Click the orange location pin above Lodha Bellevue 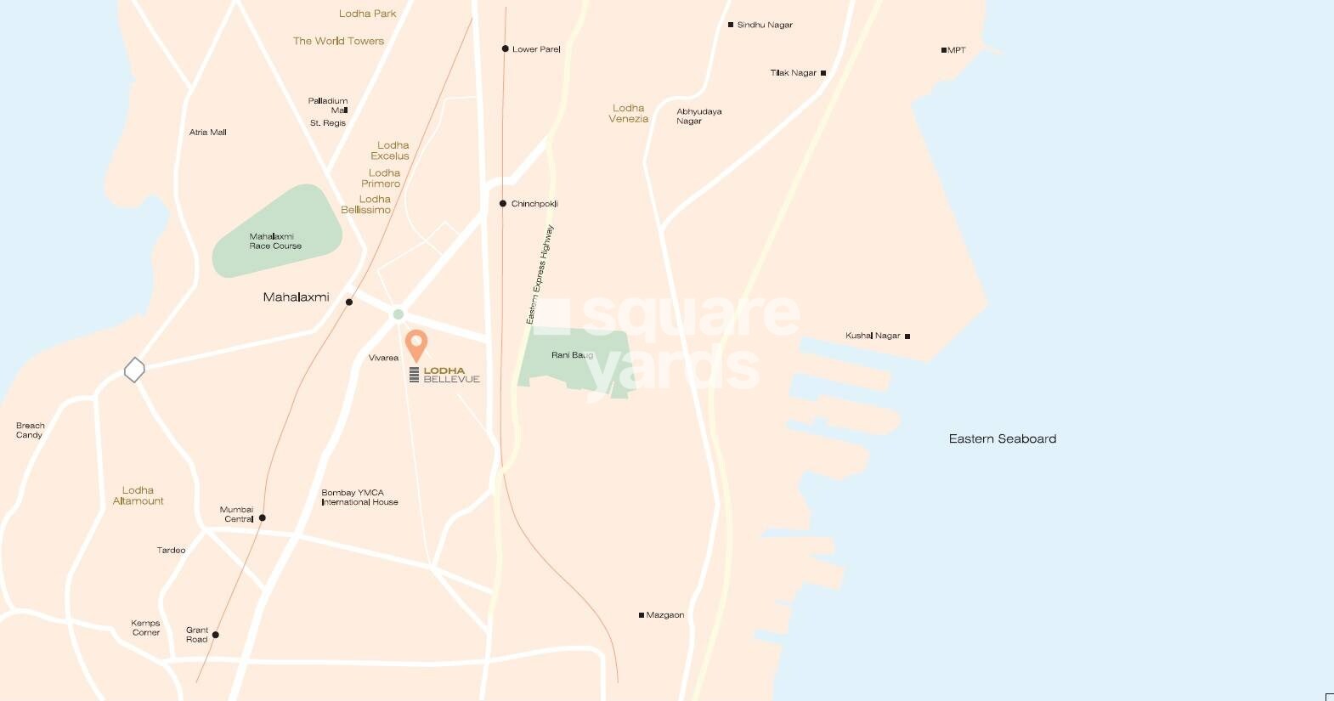[x=415, y=344]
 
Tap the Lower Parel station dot [x=505, y=49]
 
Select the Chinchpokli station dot [x=503, y=204]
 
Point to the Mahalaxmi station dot [x=349, y=302]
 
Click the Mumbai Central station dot [x=262, y=517]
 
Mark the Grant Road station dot [x=216, y=635]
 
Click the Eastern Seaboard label [x=1003, y=438]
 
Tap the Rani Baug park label [x=572, y=355]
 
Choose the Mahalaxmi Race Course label [x=275, y=241]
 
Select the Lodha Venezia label [x=629, y=113]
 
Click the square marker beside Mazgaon [x=642, y=615]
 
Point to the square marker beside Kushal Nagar [x=907, y=336]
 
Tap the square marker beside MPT [x=943, y=50]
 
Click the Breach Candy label [x=30, y=430]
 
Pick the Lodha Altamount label [x=138, y=495]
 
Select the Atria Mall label [x=207, y=133]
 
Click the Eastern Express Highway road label [x=540, y=274]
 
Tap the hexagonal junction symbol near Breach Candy [x=134, y=370]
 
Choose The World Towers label [x=338, y=41]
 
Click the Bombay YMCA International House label [x=359, y=497]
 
